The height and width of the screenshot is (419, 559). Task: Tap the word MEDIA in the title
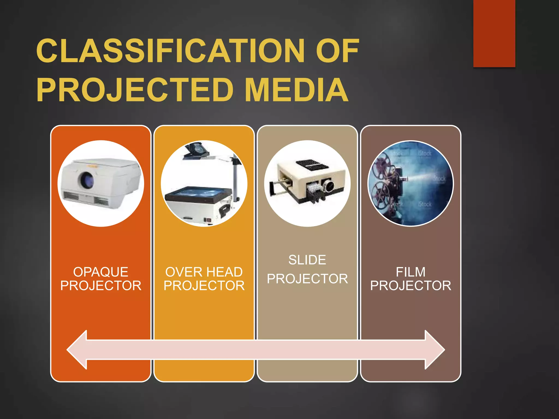(296, 90)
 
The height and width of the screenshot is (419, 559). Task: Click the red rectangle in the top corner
(494, 33)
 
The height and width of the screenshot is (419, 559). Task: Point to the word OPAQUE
(101, 272)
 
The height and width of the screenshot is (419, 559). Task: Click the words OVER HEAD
(204, 272)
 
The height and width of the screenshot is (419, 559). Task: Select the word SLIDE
(307, 260)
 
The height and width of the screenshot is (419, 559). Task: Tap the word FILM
(411, 272)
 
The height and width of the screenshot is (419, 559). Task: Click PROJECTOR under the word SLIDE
(307, 279)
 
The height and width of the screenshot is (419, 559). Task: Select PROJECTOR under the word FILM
(411, 286)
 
